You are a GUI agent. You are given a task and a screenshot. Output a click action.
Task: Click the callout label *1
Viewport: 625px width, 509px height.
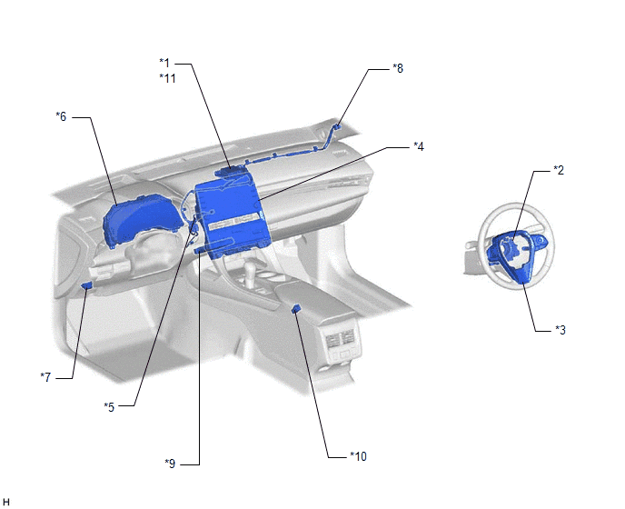(164, 63)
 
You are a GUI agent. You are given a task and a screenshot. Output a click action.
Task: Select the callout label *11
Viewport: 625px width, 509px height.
(167, 78)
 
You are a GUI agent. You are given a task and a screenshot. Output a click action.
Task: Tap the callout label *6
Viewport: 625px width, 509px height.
(61, 116)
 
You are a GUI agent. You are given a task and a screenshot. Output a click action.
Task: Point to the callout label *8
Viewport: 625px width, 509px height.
(398, 68)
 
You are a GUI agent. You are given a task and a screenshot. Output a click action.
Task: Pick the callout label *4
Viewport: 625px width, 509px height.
(419, 146)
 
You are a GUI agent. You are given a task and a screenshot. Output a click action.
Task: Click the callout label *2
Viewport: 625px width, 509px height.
(559, 170)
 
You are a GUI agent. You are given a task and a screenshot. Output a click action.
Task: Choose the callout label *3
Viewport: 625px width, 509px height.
(561, 330)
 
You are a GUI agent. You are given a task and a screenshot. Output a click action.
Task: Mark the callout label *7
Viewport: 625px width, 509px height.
(45, 377)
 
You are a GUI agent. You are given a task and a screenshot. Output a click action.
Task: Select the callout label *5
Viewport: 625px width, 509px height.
(109, 407)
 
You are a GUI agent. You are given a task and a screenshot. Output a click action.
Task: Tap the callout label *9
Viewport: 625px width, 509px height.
(170, 464)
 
